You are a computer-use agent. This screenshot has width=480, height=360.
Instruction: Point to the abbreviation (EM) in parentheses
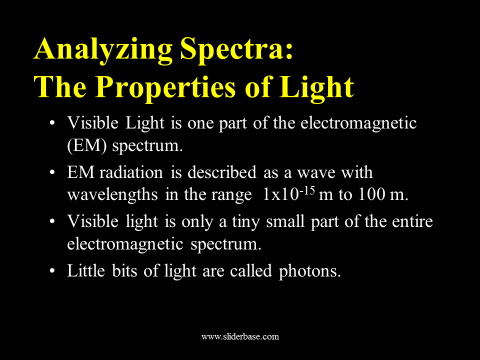[87, 145]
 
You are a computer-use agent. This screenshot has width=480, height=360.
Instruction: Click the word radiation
[131, 172]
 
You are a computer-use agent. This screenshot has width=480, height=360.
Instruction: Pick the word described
[222, 172]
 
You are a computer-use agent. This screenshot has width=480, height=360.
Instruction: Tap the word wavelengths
[112, 194]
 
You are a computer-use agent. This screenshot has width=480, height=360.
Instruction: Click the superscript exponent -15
[307, 190]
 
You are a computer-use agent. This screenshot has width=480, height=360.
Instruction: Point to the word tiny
[246, 222]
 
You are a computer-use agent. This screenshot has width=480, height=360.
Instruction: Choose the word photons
[309, 271]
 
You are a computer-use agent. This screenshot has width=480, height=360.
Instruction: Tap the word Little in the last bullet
[86, 270]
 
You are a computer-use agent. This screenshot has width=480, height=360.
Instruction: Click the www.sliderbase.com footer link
[240, 336]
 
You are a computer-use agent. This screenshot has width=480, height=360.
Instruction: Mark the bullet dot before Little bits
[52, 271]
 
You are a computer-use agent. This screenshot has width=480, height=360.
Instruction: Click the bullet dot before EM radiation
[52, 173]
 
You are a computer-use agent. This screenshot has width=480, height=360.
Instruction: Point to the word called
[251, 270]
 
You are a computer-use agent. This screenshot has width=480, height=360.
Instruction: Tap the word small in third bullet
[285, 221]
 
